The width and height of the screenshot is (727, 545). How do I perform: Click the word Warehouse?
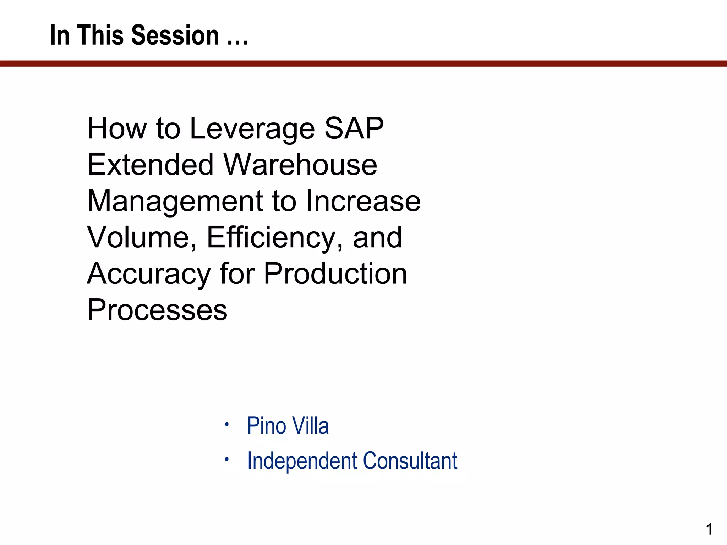[300, 165]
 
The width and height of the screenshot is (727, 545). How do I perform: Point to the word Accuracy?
[149, 274]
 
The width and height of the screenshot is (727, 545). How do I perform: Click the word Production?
[335, 274]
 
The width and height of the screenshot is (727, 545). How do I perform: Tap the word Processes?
[157, 310]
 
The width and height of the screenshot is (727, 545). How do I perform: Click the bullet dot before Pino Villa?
[226, 424]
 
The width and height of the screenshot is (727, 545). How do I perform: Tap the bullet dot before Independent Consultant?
[226, 459]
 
